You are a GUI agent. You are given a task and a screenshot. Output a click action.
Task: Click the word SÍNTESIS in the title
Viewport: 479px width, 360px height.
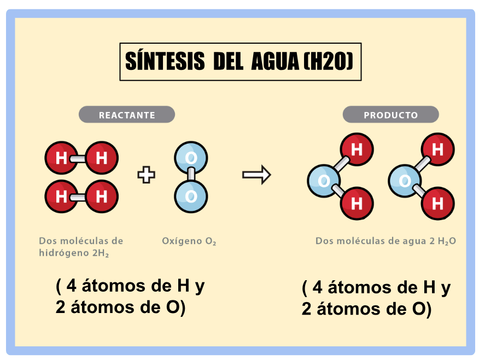pos(165,61)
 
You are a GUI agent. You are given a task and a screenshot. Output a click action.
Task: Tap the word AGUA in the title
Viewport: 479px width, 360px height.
pos(275,61)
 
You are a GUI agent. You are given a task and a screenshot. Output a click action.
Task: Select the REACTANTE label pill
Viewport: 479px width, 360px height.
pos(127,115)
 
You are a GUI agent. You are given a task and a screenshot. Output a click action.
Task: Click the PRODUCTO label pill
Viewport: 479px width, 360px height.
pos(391,115)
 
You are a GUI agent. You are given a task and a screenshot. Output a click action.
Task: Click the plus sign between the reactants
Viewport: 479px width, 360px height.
pos(147,175)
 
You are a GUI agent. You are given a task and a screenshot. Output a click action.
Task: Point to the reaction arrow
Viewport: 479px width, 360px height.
pos(256,175)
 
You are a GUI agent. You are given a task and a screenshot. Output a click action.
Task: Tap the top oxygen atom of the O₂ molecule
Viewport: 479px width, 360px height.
pos(191,158)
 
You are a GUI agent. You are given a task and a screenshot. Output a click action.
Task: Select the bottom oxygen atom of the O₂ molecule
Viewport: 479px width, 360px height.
pos(191,196)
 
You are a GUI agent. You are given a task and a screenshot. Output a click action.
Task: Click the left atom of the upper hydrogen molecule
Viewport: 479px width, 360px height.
pos(61,158)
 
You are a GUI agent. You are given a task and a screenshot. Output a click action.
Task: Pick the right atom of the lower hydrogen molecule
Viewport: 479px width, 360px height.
pos(102,197)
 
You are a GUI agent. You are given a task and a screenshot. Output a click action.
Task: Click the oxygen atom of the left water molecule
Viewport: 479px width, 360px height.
pos(324,181)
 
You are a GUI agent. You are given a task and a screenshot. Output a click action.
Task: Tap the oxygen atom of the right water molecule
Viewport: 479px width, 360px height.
pos(405,181)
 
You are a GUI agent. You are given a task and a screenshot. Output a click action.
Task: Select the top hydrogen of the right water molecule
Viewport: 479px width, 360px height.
pos(438,150)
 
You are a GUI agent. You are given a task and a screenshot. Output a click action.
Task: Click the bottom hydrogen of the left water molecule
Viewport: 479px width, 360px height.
pos(357,203)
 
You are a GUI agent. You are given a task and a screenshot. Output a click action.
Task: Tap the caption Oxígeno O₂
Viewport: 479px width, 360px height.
pos(189,241)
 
